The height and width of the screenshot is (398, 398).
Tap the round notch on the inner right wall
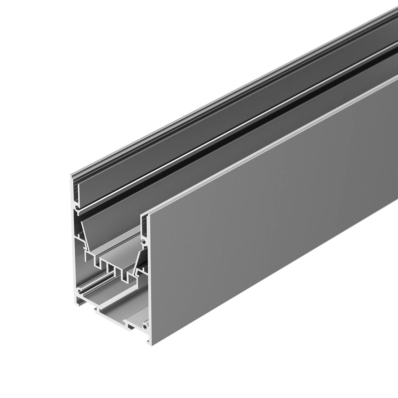point(145,242)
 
